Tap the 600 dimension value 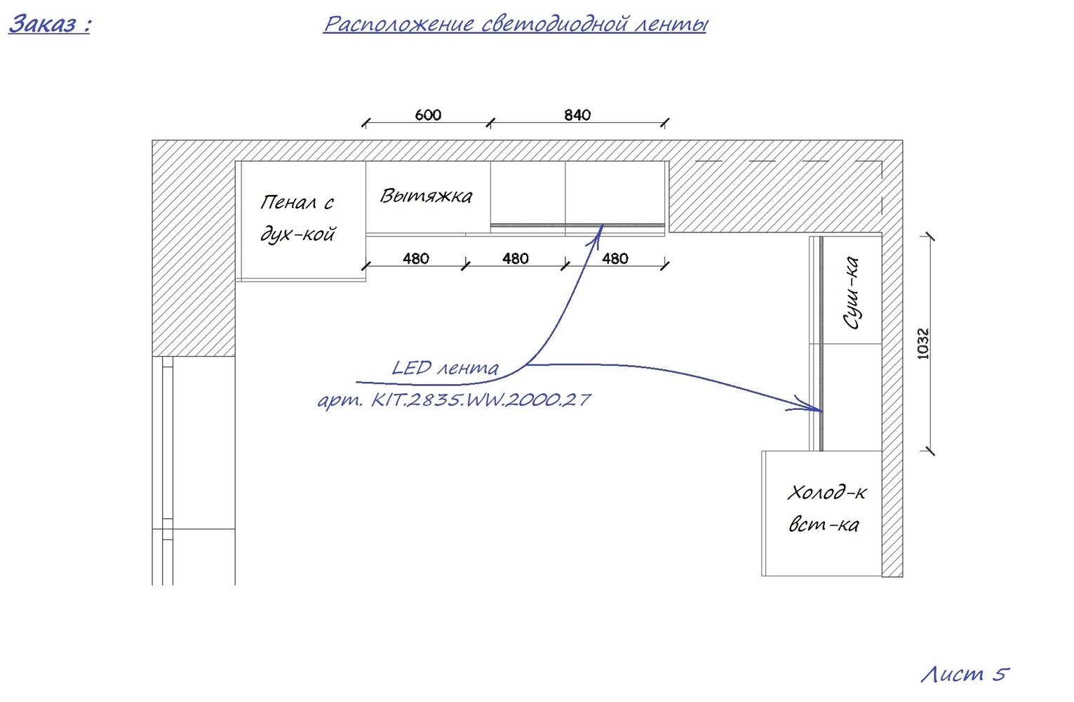(x=428, y=114)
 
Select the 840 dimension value (x=577, y=114)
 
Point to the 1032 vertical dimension (x=922, y=343)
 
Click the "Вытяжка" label (x=427, y=196)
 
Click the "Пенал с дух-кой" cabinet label (x=297, y=218)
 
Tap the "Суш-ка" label (x=852, y=293)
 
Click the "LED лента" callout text (x=445, y=368)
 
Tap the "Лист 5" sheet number (x=965, y=674)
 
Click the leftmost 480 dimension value (x=416, y=258)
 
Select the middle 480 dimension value (x=516, y=258)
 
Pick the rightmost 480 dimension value (x=615, y=258)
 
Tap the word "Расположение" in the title (x=399, y=24)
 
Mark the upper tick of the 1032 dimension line (x=930, y=236)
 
